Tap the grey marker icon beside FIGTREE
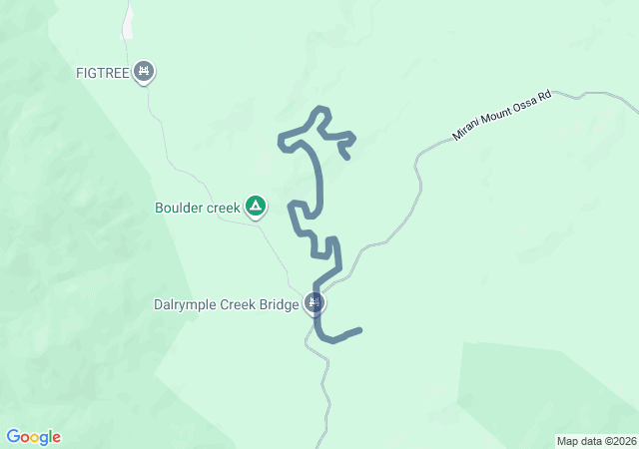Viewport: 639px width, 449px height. tap(145, 72)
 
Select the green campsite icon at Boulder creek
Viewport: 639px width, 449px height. tap(256, 207)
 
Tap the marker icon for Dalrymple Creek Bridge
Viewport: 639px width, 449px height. tap(316, 302)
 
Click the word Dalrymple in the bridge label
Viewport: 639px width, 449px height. tap(187, 305)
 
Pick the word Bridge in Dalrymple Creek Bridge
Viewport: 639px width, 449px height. tap(279, 305)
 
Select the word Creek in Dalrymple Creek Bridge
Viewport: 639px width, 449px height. tap(240, 305)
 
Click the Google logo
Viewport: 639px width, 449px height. tap(33, 437)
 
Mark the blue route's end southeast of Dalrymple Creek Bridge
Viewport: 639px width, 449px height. tap(359, 329)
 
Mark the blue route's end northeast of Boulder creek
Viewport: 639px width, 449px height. tap(346, 157)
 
